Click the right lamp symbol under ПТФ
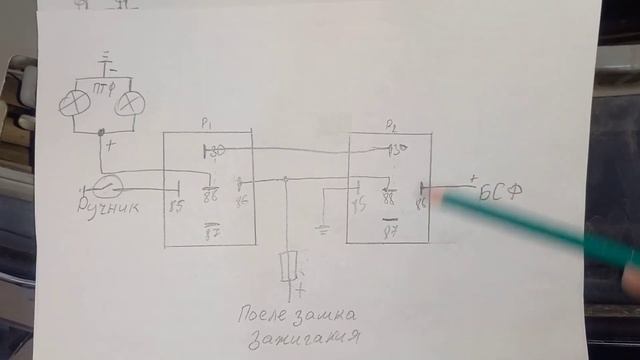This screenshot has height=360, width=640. click(130, 103)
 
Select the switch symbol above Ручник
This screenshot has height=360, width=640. click(103, 184)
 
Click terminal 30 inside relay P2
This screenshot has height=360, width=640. click(397, 152)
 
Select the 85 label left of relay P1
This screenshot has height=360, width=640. click(177, 206)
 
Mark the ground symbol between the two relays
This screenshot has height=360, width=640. click(322, 228)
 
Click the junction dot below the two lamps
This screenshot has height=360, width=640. click(102, 133)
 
